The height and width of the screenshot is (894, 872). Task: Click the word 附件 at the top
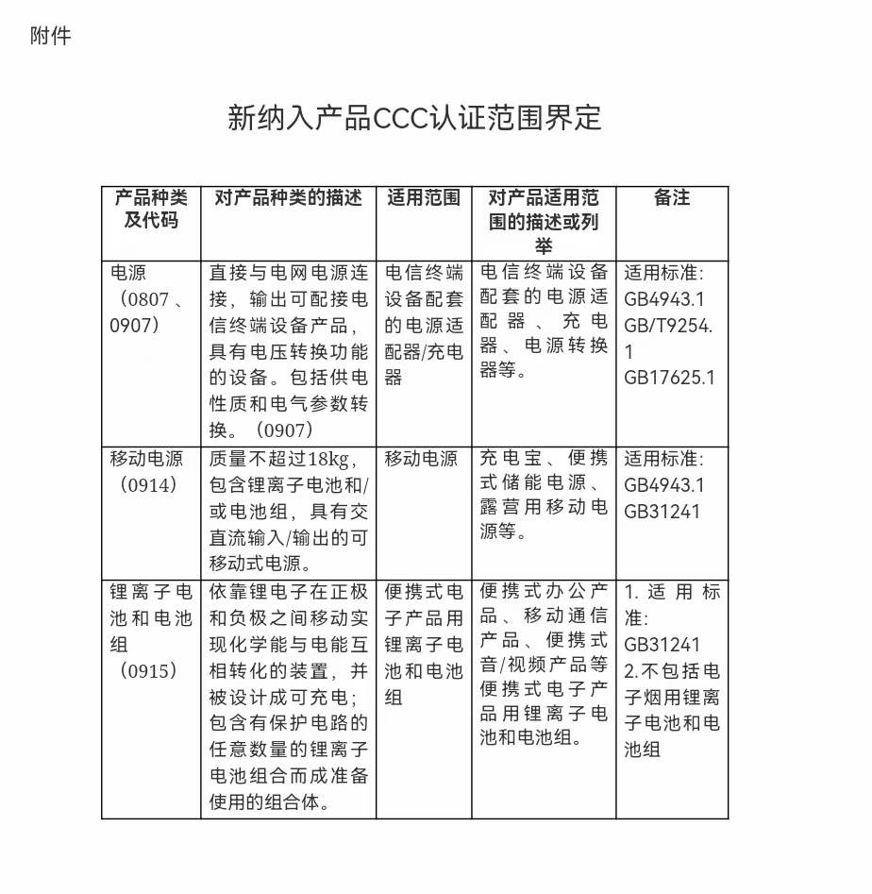tap(50, 37)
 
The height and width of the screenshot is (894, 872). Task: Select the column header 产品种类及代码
tap(151, 209)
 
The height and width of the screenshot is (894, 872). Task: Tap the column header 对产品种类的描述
tap(288, 198)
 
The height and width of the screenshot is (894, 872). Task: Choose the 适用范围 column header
tap(424, 198)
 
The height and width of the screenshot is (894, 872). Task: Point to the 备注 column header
tap(672, 198)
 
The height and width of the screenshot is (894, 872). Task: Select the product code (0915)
tap(143, 671)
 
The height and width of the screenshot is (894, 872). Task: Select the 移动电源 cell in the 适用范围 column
tap(421, 460)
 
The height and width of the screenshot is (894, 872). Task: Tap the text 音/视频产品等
tap(544, 665)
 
